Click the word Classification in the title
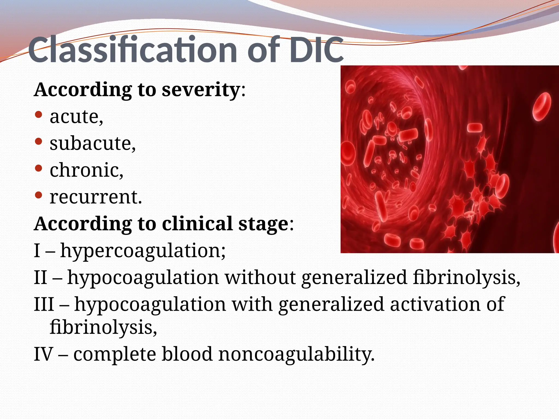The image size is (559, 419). pyautogui.click(x=132, y=50)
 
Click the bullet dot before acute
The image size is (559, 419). pyautogui.click(x=39, y=115)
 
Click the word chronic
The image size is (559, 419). pyautogui.click(x=86, y=170)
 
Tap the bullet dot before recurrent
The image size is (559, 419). pyautogui.click(x=39, y=195)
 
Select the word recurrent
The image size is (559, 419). pyautogui.click(x=96, y=197)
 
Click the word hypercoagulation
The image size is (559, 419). pyautogui.click(x=142, y=250)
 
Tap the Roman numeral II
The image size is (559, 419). pyautogui.click(x=41, y=277)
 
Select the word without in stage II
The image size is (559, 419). pyautogui.click(x=260, y=277)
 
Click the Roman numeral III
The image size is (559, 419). pyautogui.click(x=44, y=304)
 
